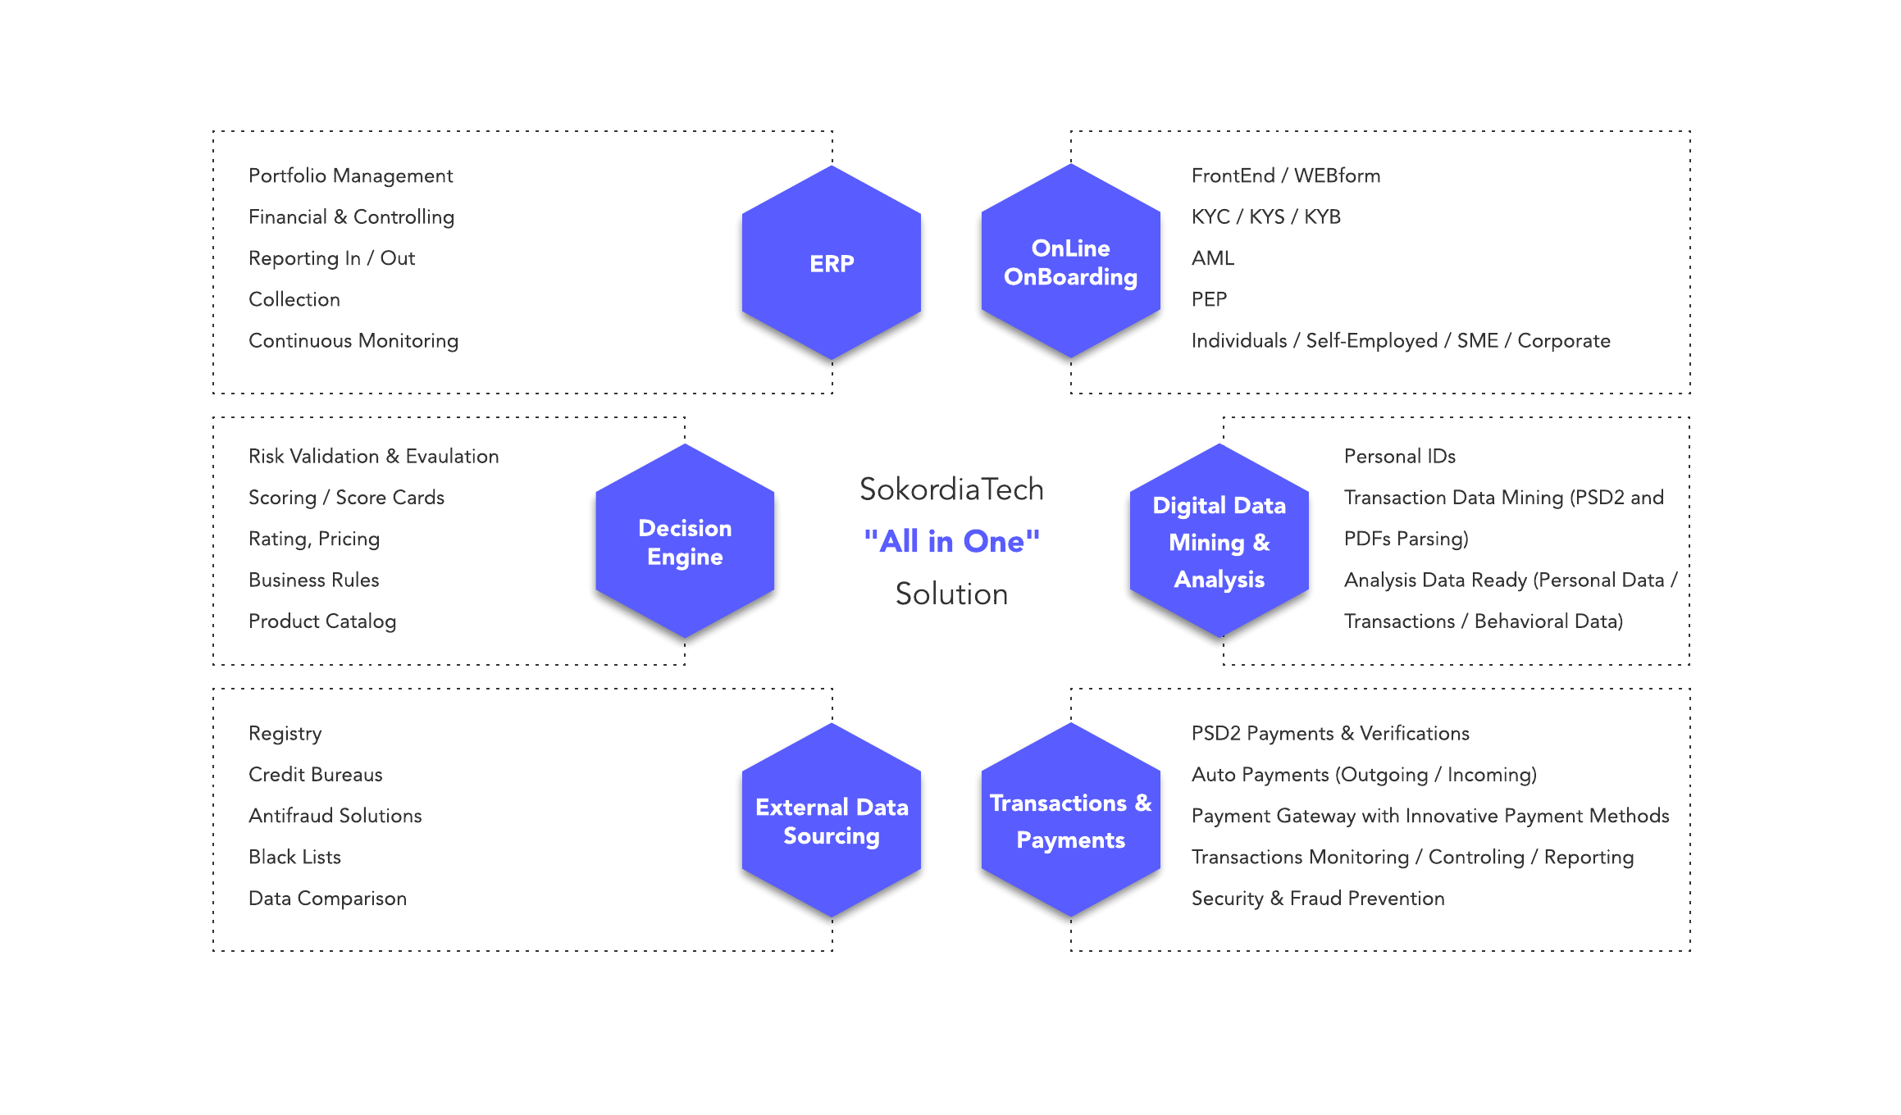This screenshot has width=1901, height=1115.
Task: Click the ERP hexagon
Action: click(x=832, y=262)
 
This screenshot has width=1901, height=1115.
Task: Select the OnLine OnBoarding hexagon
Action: click(x=1070, y=262)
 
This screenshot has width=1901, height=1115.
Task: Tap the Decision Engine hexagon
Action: click(x=685, y=541)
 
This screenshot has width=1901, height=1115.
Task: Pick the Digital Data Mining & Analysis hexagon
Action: click(x=1219, y=541)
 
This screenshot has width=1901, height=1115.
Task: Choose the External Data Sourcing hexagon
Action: click(x=832, y=820)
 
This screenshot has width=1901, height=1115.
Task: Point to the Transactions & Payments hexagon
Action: click(x=1070, y=820)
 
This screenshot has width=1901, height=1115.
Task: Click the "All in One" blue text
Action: click(x=951, y=541)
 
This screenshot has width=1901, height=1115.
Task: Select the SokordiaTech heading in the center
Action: click(x=951, y=489)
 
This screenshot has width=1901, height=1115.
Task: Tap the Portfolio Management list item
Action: click(x=350, y=175)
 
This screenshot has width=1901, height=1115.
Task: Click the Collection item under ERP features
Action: click(x=294, y=299)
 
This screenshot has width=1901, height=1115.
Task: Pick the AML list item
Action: click(x=1212, y=258)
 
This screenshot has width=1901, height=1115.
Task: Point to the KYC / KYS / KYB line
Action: click(x=1265, y=216)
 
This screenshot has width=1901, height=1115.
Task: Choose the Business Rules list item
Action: click(x=313, y=580)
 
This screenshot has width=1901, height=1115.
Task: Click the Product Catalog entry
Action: click(x=322, y=621)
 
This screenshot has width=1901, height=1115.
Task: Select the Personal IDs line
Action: click(x=1399, y=456)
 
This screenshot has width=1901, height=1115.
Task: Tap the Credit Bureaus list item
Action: click(x=315, y=774)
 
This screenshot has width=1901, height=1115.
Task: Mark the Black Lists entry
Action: click(x=294, y=857)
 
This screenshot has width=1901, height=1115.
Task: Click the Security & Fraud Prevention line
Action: click(x=1317, y=898)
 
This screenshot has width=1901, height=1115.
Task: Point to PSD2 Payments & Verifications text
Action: click(x=1329, y=733)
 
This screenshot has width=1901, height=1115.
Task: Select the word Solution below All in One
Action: click(x=951, y=594)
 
